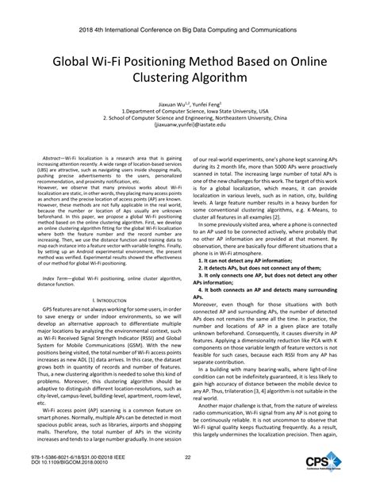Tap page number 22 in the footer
click(x=188, y=457)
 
